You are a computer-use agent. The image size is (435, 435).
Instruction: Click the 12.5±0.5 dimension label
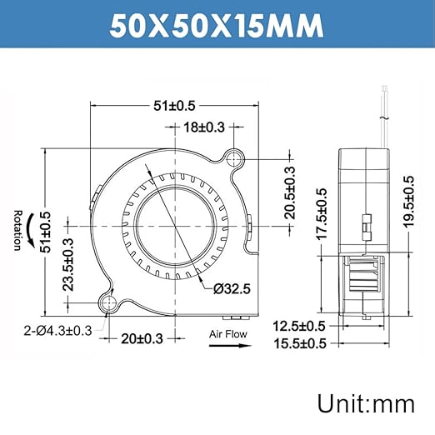tap(300, 325)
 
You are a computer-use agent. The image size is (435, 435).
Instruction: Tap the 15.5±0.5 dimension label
tap(300, 342)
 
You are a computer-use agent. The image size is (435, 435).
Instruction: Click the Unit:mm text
tap(365, 403)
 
